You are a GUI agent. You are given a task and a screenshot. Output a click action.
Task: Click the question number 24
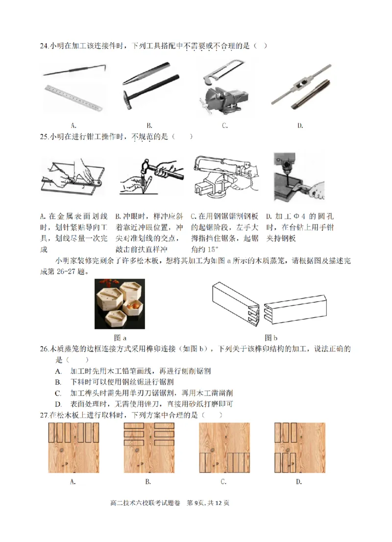point(43,46)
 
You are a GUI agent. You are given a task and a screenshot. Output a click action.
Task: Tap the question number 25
point(43,137)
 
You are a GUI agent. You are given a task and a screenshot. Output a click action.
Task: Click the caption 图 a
point(120,337)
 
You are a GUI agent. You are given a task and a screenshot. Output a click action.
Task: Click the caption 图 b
point(271,337)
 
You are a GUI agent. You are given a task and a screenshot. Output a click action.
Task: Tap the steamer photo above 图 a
point(121,304)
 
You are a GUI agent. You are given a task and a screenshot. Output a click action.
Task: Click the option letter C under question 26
point(58,393)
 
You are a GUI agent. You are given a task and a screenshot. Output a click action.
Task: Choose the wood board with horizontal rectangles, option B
point(148,448)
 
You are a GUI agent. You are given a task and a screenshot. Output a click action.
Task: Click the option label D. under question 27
point(299,482)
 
